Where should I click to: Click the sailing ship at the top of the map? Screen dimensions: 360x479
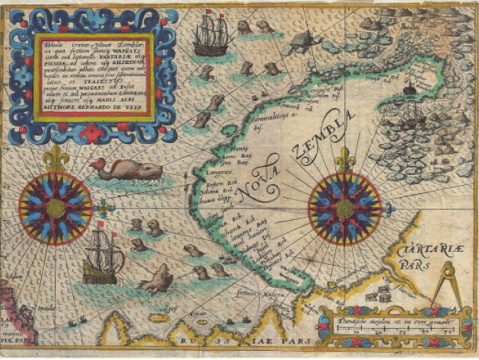pos(213,37)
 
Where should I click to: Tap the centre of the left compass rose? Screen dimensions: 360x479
pos(56,207)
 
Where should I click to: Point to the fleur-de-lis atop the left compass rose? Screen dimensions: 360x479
pos(56,158)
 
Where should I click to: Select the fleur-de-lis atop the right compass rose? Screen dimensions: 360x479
pos(345,158)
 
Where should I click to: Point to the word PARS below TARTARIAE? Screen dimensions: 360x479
pos(415,266)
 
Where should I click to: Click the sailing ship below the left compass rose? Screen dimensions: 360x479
pos(103,256)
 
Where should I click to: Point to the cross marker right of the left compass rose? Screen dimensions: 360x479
pos(105,207)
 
